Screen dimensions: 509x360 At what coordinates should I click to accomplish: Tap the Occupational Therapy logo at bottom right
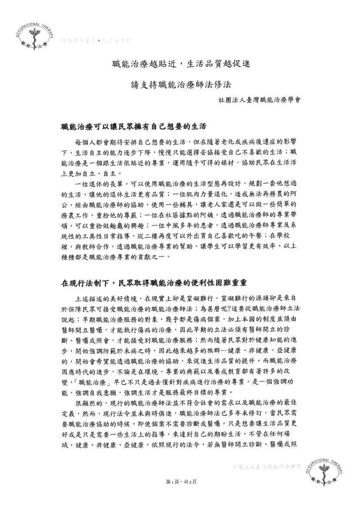pos(328,472)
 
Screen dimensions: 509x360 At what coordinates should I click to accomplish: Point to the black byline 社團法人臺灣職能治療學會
pos(259,99)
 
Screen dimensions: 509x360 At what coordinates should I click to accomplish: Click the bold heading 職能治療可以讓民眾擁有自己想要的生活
pos(133,127)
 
